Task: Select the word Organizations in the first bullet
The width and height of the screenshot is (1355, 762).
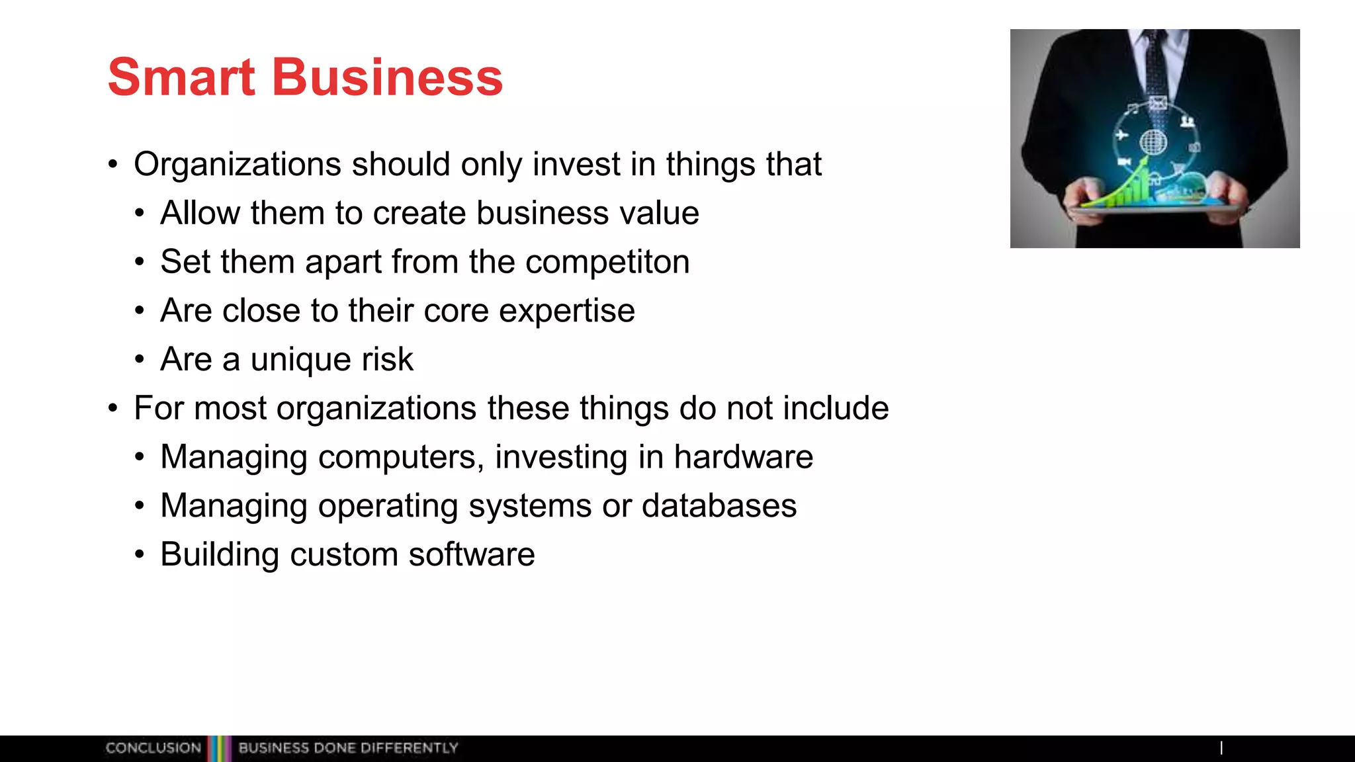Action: click(237, 165)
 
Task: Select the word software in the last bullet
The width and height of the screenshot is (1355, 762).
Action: click(471, 555)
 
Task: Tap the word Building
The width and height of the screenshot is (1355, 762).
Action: click(219, 555)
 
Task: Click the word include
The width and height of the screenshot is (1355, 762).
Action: click(836, 409)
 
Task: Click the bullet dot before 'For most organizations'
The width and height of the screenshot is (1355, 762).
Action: click(113, 409)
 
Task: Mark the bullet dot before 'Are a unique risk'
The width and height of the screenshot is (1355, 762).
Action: click(139, 360)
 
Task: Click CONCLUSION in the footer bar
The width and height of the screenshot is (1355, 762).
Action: click(153, 748)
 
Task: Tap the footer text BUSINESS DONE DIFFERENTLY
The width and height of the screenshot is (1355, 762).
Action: click(348, 748)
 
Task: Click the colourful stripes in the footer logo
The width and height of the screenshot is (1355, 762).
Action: click(219, 748)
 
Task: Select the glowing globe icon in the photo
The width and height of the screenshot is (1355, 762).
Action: click(1153, 142)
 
